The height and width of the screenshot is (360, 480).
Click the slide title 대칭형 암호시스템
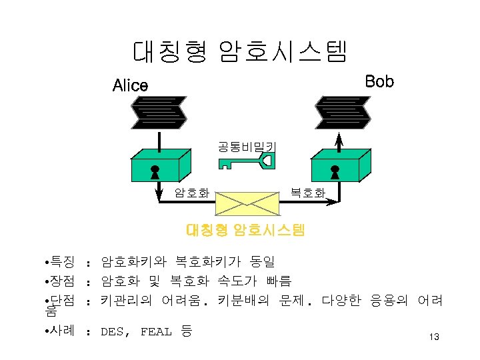click(240, 51)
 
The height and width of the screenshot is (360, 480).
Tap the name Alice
click(131, 85)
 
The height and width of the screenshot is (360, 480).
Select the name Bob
click(380, 81)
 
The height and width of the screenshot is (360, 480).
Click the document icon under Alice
click(159, 112)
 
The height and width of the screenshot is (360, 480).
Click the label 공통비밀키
click(247, 145)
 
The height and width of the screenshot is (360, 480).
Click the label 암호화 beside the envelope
click(192, 193)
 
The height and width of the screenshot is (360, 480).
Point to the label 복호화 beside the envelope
click(307, 193)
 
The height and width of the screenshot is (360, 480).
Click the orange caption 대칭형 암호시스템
click(245, 231)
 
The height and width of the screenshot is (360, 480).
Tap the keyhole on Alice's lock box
click(155, 173)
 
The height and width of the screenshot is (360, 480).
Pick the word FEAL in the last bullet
click(156, 331)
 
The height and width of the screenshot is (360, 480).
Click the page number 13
click(433, 337)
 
